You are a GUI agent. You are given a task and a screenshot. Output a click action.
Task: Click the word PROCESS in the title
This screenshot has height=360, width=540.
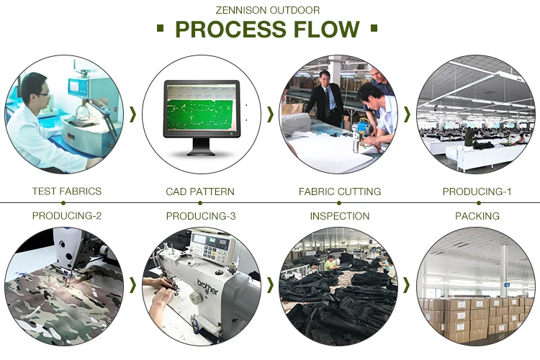point(230,30)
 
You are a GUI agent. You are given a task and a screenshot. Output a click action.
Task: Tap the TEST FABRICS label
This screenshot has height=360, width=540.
point(67,192)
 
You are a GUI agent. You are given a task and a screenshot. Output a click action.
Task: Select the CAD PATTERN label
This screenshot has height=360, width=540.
point(200,192)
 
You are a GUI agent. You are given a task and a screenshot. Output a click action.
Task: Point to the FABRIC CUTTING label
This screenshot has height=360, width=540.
point(340,192)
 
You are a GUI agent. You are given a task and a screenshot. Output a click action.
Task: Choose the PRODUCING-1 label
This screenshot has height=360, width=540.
point(477,192)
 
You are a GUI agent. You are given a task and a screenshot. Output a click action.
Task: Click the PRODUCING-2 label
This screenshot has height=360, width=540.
point(67,216)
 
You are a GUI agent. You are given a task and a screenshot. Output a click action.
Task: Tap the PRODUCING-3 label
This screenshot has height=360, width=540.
point(201,216)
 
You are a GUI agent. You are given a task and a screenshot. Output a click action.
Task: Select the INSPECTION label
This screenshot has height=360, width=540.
point(340,216)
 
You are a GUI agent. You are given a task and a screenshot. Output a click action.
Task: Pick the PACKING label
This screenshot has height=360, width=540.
point(477,216)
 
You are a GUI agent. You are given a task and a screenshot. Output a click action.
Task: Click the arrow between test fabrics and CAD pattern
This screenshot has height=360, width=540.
point(132,114)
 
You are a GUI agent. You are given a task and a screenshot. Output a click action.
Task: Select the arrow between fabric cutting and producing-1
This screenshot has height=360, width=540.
point(407,114)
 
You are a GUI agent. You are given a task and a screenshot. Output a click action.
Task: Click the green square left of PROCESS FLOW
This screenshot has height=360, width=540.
point(160,30)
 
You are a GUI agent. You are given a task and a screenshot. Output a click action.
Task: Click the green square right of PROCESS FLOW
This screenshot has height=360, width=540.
point(374,30)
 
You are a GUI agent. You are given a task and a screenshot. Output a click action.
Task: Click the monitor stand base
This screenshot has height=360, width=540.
point(201,153)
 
